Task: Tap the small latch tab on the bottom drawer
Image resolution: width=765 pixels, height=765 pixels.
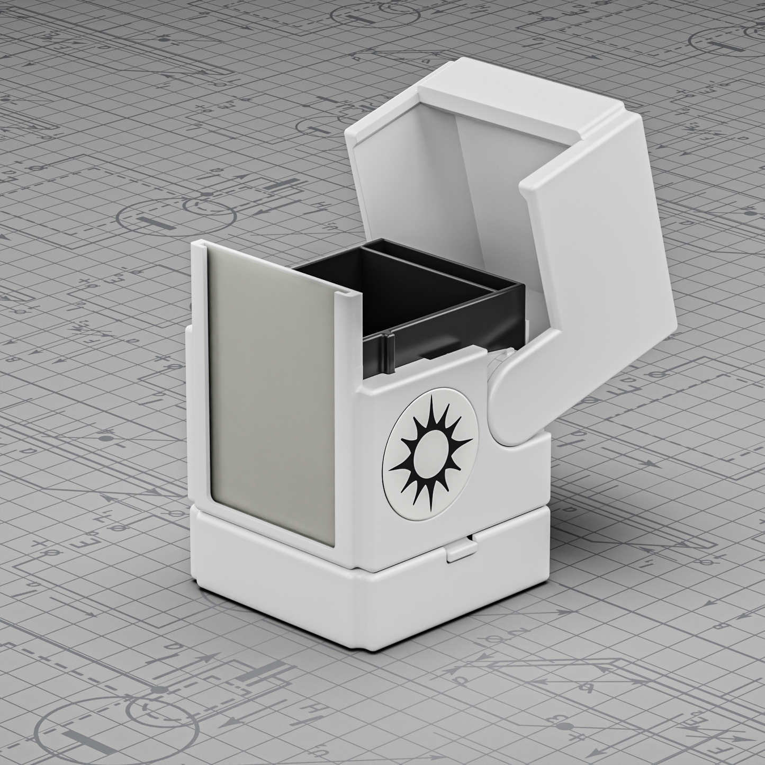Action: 459,551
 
